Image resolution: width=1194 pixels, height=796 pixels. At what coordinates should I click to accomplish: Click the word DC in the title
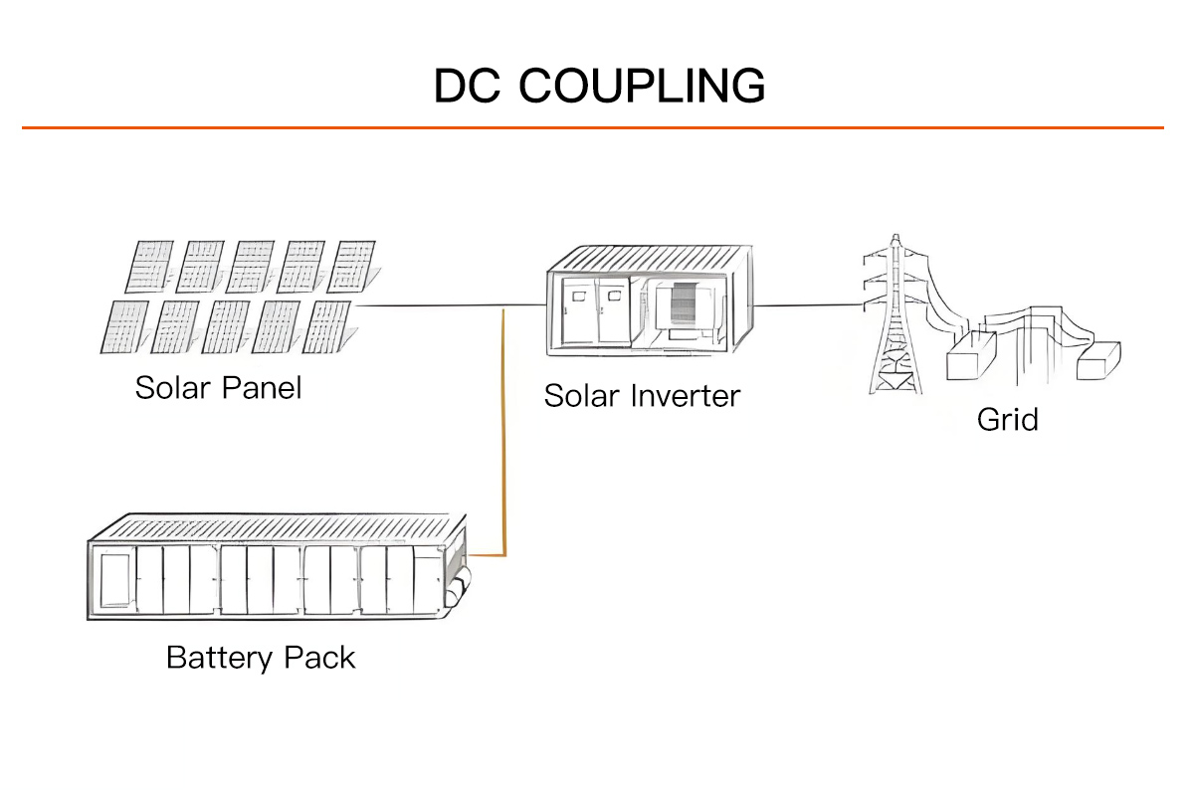tap(468, 87)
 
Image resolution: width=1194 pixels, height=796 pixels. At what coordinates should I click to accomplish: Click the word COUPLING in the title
tap(642, 87)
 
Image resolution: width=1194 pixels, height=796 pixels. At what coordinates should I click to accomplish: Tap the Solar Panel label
tap(218, 387)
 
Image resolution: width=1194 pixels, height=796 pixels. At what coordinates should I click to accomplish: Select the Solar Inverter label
tap(642, 396)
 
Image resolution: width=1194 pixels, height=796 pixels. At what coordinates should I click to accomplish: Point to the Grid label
tap(1007, 419)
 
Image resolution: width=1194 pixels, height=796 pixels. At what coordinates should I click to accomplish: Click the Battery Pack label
tap(261, 658)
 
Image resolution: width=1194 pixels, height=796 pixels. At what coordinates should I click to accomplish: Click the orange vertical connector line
tap(505, 428)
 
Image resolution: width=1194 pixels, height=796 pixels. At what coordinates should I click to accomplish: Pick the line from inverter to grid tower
tap(806, 305)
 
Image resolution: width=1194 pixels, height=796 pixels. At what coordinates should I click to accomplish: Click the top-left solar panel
tap(149, 266)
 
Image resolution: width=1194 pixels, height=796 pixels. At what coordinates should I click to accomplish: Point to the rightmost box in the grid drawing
tap(1098, 359)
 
